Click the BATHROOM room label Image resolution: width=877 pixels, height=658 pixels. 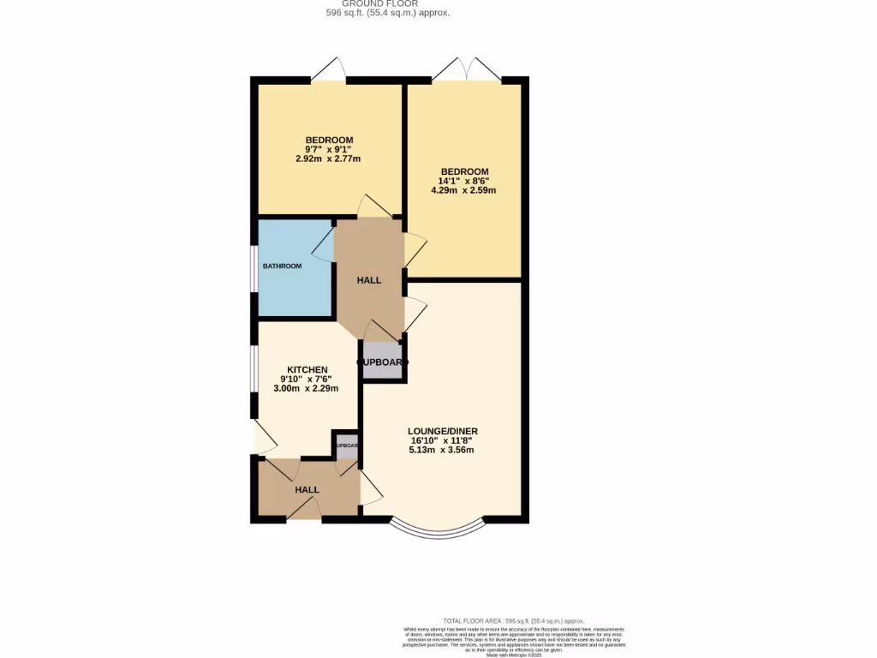(x=282, y=266)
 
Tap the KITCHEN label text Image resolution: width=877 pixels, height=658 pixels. (x=307, y=369)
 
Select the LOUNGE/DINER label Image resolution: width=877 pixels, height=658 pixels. (x=443, y=431)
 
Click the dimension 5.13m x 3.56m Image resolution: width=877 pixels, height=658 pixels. (x=442, y=450)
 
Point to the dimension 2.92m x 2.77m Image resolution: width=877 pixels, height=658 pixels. (x=329, y=159)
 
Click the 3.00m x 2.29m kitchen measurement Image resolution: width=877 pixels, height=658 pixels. (x=306, y=388)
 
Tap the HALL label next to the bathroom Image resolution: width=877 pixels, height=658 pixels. (x=368, y=280)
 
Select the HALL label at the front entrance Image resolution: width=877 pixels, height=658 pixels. (x=307, y=490)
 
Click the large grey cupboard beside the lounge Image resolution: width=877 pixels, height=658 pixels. (x=382, y=362)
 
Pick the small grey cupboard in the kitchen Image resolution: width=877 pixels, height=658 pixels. (x=346, y=446)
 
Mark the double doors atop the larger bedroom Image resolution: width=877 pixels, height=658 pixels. (x=467, y=69)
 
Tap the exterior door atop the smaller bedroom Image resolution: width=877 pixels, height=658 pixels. (x=328, y=69)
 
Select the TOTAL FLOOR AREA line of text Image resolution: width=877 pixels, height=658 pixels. (x=513, y=620)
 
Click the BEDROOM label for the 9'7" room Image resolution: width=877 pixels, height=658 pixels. (x=330, y=141)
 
